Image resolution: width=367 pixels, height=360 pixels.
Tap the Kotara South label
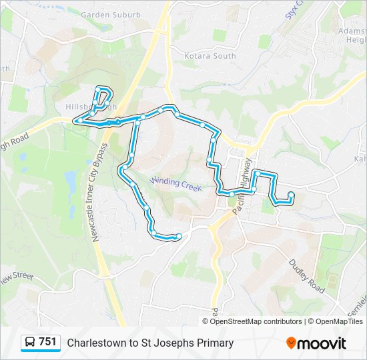210,56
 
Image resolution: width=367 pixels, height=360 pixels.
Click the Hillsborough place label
91,107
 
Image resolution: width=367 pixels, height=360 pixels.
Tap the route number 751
47,342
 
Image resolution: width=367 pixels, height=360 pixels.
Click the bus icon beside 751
29,343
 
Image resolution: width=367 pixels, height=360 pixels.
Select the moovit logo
316,343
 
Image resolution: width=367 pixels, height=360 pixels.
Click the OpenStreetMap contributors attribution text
256,321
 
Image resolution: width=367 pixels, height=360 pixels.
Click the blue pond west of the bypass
70,179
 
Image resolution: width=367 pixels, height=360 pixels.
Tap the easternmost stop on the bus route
291,195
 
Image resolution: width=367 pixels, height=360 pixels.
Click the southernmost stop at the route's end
178,237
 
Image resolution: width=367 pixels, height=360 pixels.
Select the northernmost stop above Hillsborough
98,89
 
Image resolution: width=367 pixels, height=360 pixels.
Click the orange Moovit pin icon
291,343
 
